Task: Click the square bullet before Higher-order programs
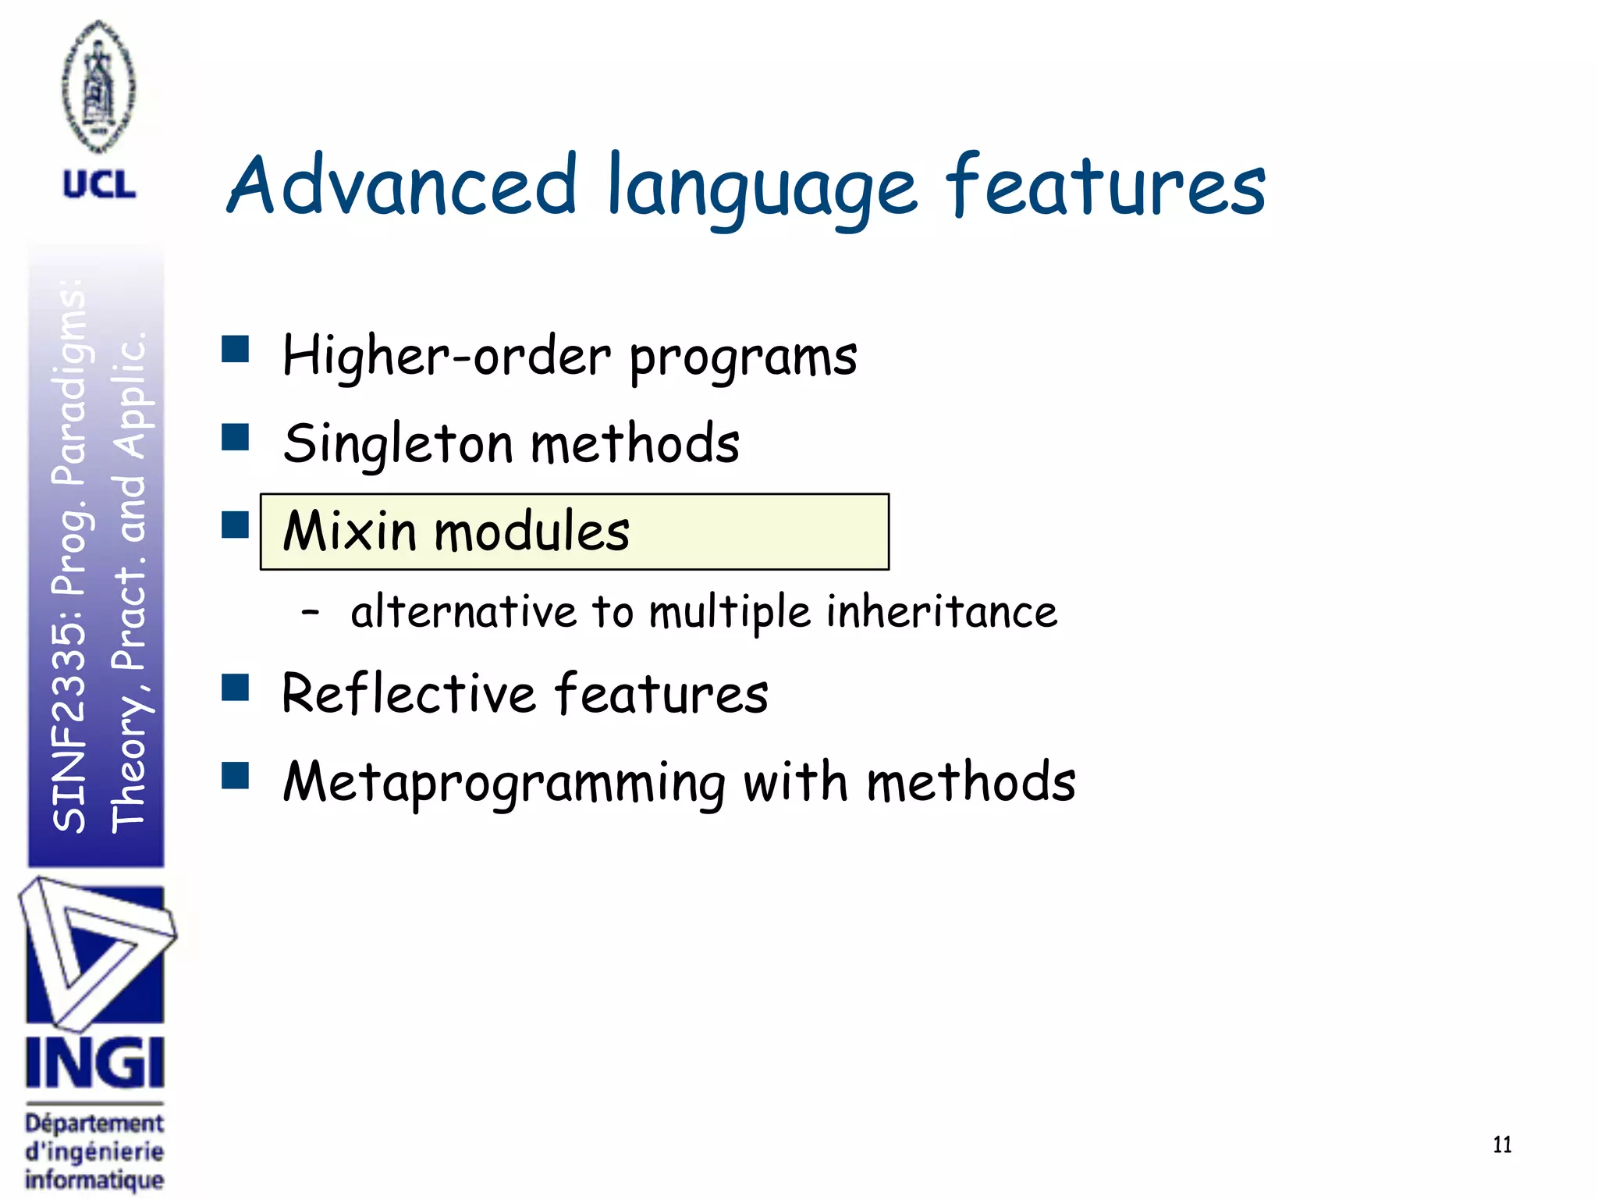[x=235, y=350]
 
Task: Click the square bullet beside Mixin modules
[x=235, y=525]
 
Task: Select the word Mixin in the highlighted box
[x=350, y=532]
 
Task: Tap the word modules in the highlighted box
[x=531, y=532]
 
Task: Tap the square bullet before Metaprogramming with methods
[x=235, y=777]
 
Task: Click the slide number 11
[x=1502, y=1145]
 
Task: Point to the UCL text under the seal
[x=99, y=185]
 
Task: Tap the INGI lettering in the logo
[x=94, y=1062]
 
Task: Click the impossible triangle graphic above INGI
[x=95, y=952]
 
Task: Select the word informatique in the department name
[x=94, y=1179]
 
